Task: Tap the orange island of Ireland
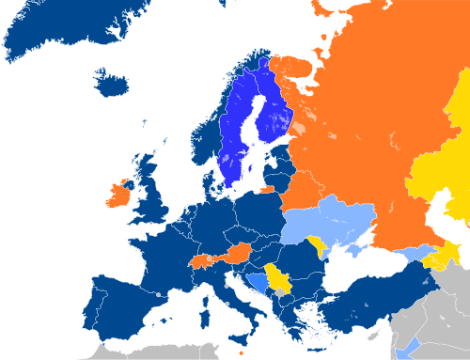click(x=118, y=196)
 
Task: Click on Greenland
click(x=56, y=28)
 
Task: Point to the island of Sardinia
click(x=208, y=309)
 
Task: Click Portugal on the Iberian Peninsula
click(x=93, y=301)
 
